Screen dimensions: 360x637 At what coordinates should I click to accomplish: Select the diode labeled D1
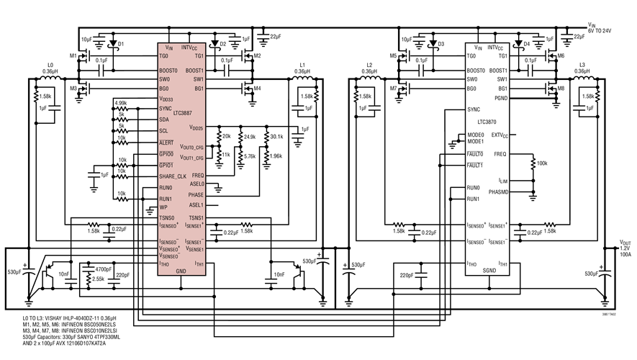(111, 45)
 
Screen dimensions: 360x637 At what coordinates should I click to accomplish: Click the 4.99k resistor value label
(120, 103)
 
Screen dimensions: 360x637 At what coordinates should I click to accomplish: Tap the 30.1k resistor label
(276, 137)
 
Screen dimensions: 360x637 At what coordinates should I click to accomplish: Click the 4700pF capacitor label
(104, 266)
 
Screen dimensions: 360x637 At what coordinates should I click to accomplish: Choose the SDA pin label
(164, 120)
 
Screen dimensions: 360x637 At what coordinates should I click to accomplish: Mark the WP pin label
(163, 207)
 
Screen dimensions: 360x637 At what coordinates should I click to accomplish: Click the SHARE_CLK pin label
(173, 176)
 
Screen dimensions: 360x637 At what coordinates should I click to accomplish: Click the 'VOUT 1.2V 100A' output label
(624, 248)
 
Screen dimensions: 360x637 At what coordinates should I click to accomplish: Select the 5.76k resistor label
(250, 156)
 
